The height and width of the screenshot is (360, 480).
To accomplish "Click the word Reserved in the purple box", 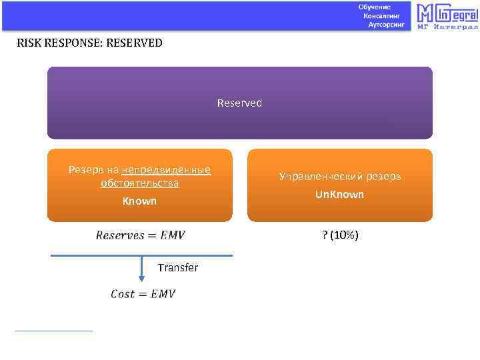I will [239, 103].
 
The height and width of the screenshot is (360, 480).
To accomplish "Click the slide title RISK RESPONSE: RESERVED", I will [89, 43].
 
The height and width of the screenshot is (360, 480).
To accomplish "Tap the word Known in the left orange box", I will [139, 201].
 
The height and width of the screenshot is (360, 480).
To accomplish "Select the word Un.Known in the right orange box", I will [339, 194].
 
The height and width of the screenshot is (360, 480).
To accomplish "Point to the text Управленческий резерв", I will [339, 177].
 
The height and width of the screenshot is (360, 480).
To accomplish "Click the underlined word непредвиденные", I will [166, 169].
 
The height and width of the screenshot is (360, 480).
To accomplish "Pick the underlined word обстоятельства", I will [139, 183].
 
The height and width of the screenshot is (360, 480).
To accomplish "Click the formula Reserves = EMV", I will [140, 235].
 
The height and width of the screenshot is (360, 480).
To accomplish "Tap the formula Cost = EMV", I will [142, 294].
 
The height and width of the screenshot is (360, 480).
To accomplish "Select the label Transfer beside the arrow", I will [177, 267].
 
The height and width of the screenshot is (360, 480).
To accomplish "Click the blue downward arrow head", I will [141, 278].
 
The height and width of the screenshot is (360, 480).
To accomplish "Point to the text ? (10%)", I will [340, 235].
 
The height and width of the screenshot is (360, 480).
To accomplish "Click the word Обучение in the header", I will [374, 6].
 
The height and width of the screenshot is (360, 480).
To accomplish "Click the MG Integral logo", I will [447, 13].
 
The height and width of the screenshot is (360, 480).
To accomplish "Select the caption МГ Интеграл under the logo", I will [447, 27].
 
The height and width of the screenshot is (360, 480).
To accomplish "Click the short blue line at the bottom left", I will [53, 330].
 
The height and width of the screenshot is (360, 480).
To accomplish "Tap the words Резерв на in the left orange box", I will [94, 169].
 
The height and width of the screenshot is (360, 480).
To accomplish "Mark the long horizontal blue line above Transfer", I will [141, 255].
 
